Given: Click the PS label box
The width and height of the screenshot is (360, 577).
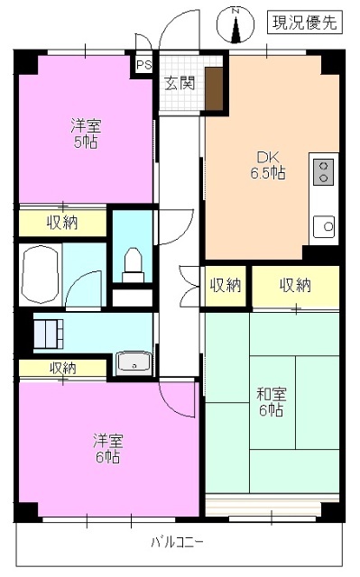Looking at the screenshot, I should pyautogui.click(x=143, y=65).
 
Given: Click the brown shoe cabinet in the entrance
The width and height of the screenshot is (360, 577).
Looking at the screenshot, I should pyautogui.click(x=214, y=87).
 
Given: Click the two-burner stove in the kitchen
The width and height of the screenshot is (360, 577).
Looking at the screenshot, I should pyautogui.click(x=324, y=170).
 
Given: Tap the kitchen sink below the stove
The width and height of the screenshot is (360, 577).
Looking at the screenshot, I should pyautogui.click(x=324, y=225).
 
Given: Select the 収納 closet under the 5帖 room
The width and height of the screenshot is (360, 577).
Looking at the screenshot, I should pyautogui.click(x=61, y=222).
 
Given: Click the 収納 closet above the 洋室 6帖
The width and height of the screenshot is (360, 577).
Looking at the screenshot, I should pyautogui.click(x=61, y=368).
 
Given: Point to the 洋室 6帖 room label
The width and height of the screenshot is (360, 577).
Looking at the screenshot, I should pyautogui.click(x=106, y=448).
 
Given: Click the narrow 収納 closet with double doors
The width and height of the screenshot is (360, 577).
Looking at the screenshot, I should pyautogui.click(x=226, y=286).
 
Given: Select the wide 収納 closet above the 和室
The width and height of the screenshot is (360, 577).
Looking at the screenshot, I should pyautogui.click(x=295, y=286).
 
